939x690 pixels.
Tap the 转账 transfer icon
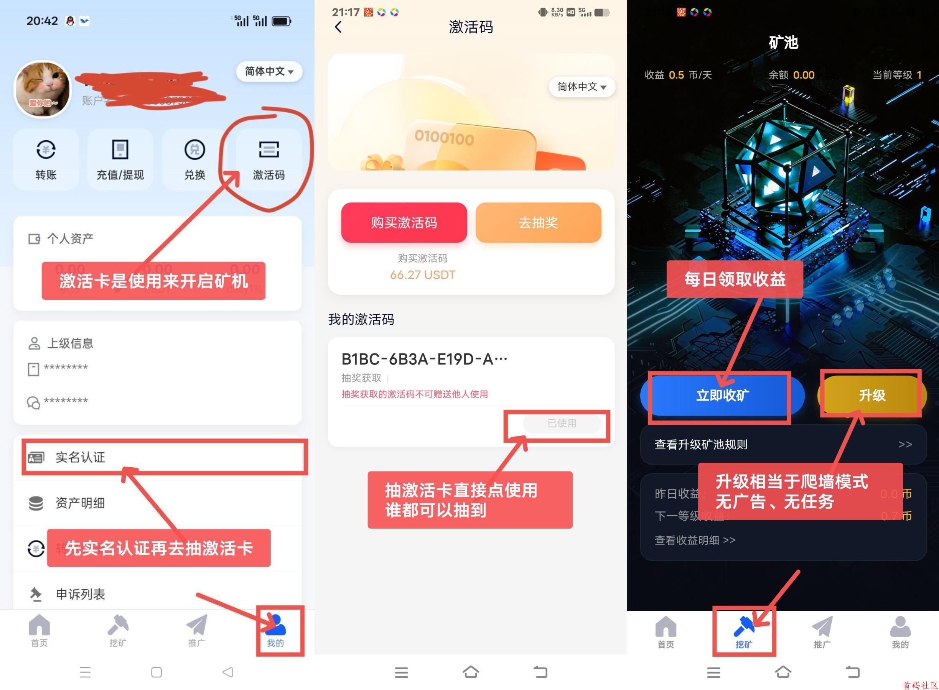coord(46,159)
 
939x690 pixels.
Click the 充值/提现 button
coord(120,159)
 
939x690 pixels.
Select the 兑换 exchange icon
coord(194,159)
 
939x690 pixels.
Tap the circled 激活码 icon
coord(269,159)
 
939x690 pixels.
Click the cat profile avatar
coord(43,89)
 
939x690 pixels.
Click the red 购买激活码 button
coord(404,223)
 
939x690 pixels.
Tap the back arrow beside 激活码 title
coord(338,27)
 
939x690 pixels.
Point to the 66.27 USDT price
coord(422,275)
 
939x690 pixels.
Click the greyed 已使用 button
coord(562,424)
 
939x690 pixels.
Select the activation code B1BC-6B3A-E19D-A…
coord(424,359)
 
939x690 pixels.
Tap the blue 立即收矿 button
coord(722,395)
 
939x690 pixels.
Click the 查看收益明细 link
coord(695,540)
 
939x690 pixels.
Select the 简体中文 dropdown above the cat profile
coord(269,71)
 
